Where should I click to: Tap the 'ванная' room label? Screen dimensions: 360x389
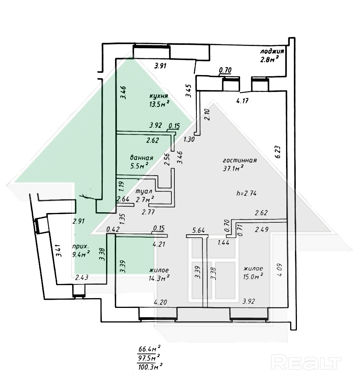click(142, 157)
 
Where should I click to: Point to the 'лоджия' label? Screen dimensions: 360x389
click(272, 52)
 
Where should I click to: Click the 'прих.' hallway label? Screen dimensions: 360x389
click(80, 247)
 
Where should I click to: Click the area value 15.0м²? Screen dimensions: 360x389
click(253, 276)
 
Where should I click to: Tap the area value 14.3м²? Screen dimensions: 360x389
click(159, 277)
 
